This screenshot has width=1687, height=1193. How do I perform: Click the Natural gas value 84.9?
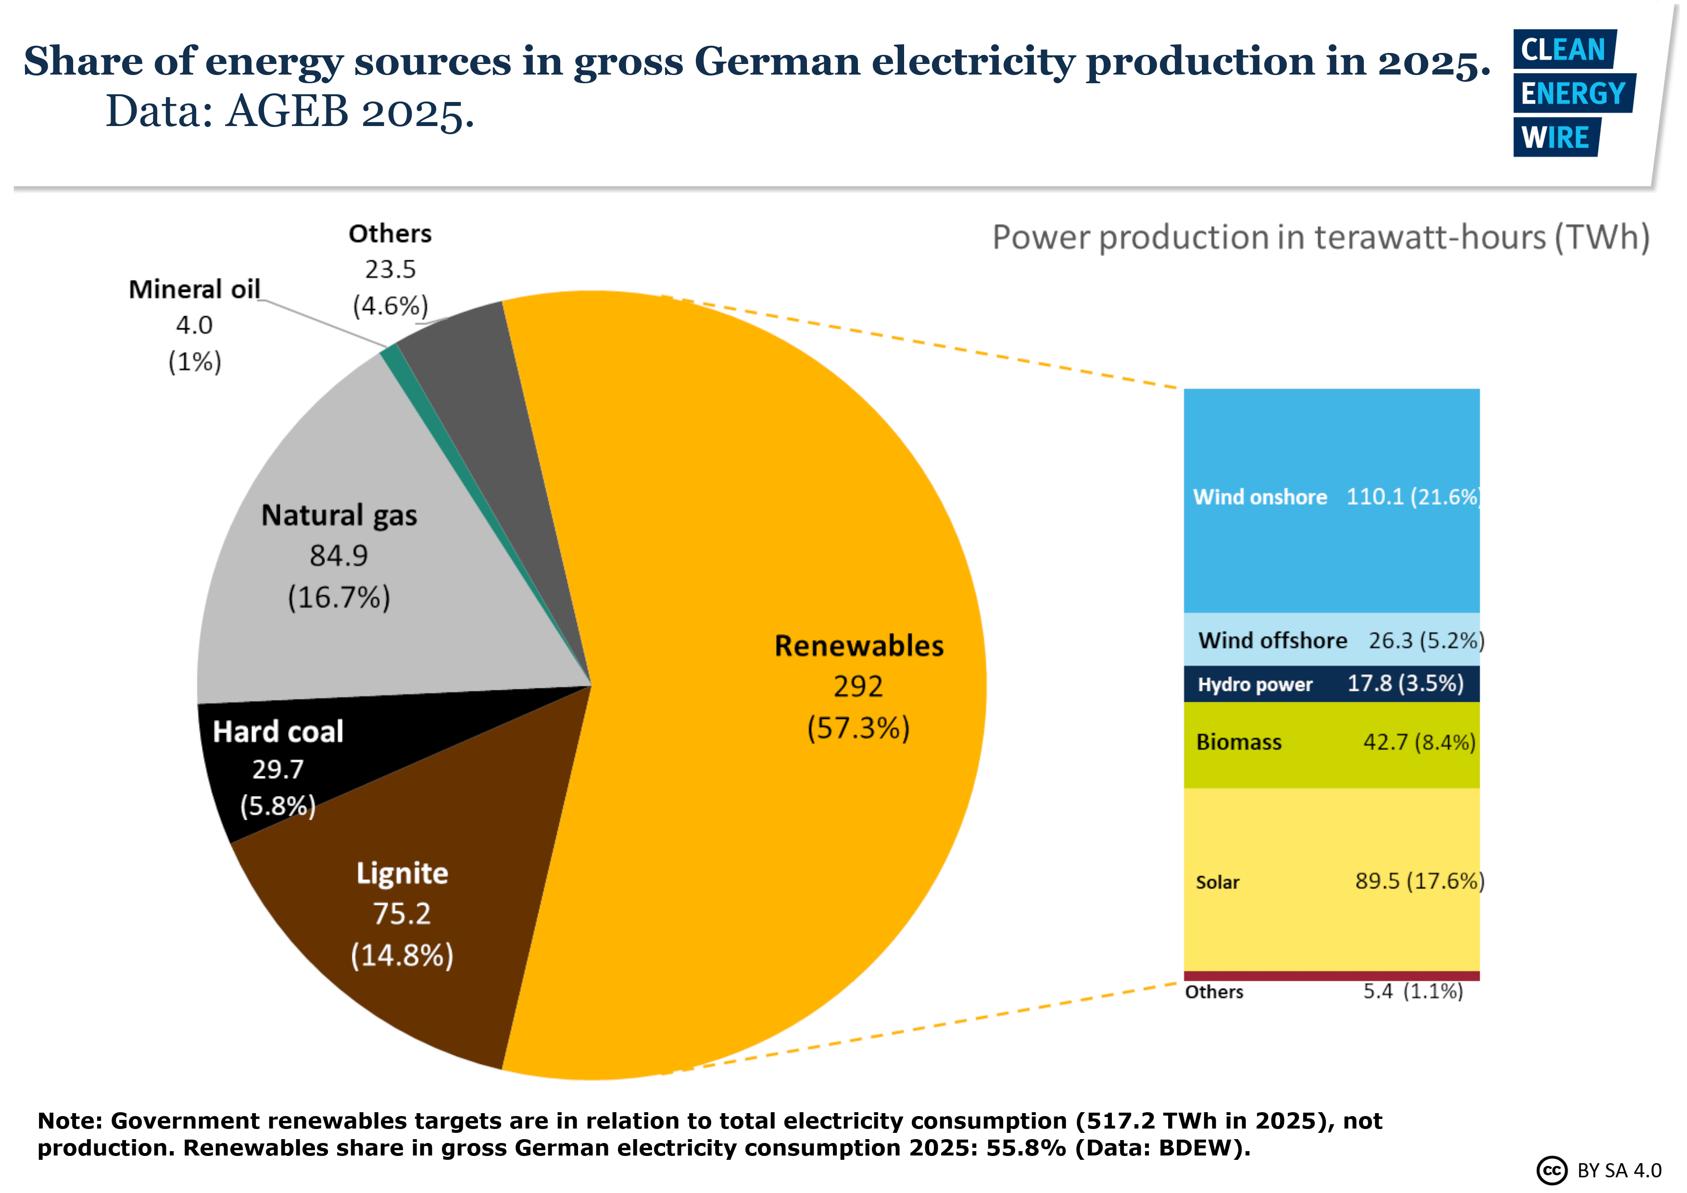pos(339,556)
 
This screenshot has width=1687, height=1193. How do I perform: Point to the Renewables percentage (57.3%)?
pos(858,728)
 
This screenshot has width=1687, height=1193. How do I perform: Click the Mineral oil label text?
pos(195,290)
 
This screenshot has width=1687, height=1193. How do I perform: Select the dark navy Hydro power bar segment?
pos(1332,684)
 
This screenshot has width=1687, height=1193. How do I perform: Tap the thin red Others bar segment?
pos(1332,976)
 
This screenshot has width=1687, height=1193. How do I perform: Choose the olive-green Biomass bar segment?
pos(1332,745)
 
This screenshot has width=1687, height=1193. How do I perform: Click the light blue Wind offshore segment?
pos(1332,639)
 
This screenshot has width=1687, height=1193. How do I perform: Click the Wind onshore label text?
pos(1260,497)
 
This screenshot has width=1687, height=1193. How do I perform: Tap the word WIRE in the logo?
pos(1555,138)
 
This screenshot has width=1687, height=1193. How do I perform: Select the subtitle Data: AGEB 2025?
pos(290,112)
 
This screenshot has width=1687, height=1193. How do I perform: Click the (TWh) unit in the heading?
pos(1602,238)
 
